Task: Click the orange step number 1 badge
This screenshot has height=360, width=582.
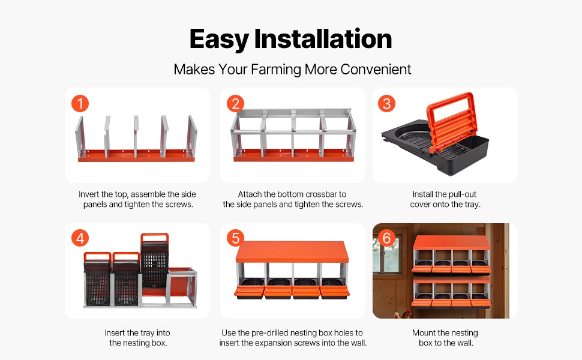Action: (x=80, y=104)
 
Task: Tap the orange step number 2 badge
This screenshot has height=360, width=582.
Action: (x=235, y=104)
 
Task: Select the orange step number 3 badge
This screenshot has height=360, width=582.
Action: (x=386, y=104)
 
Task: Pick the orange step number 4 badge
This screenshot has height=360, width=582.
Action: (x=80, y=238)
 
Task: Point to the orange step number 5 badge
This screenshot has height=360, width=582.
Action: (x=235, y=238)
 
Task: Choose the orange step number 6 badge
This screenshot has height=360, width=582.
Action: (x=386, y=238)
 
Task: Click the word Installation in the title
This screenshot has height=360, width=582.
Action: (x=323, y=38)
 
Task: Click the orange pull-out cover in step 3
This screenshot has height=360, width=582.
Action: (x=451, y=121)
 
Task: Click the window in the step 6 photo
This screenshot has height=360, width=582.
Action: (x=387, y=256)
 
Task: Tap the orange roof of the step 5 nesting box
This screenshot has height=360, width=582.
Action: (x=292, y=251)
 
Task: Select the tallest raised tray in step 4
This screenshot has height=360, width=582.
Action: (x=155, y=260)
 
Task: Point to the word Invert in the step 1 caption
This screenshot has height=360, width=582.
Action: (x=89, y=194)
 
